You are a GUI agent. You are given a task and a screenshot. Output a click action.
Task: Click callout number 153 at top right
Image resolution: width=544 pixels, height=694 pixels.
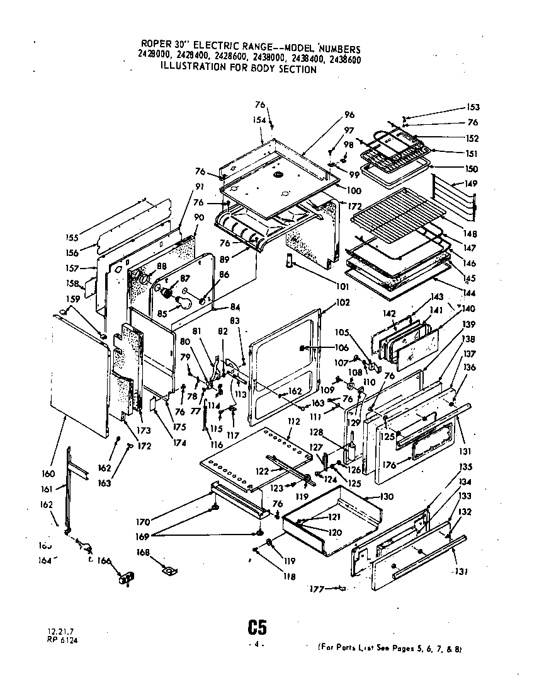[x=473, y=107]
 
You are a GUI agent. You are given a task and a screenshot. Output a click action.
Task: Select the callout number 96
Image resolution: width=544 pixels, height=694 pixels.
[x=349, y=115]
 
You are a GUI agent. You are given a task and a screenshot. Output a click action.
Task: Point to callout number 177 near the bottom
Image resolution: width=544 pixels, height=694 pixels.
[x=316, y=589]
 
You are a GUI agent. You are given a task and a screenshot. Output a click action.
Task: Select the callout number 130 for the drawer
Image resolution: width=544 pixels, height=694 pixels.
[x=387, y=497]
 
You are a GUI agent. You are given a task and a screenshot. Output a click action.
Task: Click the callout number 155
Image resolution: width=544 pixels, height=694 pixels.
[x=72, y=238]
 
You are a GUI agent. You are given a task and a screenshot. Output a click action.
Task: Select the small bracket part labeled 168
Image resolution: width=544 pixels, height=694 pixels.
[x=168, y=570]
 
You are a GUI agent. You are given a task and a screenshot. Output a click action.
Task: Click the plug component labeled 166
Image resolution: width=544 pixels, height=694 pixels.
[x=128, y=577]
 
